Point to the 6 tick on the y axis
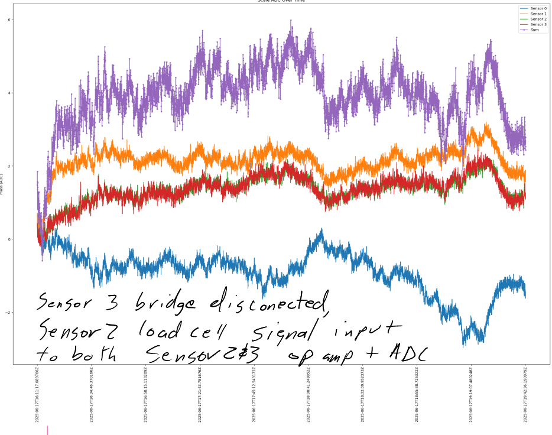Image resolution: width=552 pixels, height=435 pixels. (9, 20)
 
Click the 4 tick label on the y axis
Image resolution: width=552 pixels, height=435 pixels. (9, 93)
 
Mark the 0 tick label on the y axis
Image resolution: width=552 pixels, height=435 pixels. (9, 239)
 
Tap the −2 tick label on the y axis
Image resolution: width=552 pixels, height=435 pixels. (8, 313)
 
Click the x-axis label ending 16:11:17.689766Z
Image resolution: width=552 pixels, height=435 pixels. (37, 394)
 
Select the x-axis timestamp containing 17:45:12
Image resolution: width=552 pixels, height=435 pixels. (254, 394)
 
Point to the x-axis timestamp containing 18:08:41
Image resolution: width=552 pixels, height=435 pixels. (309, 394)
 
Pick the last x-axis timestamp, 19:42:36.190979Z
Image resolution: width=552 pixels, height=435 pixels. (525, 394)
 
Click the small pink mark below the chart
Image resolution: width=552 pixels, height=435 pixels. (47, 430)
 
